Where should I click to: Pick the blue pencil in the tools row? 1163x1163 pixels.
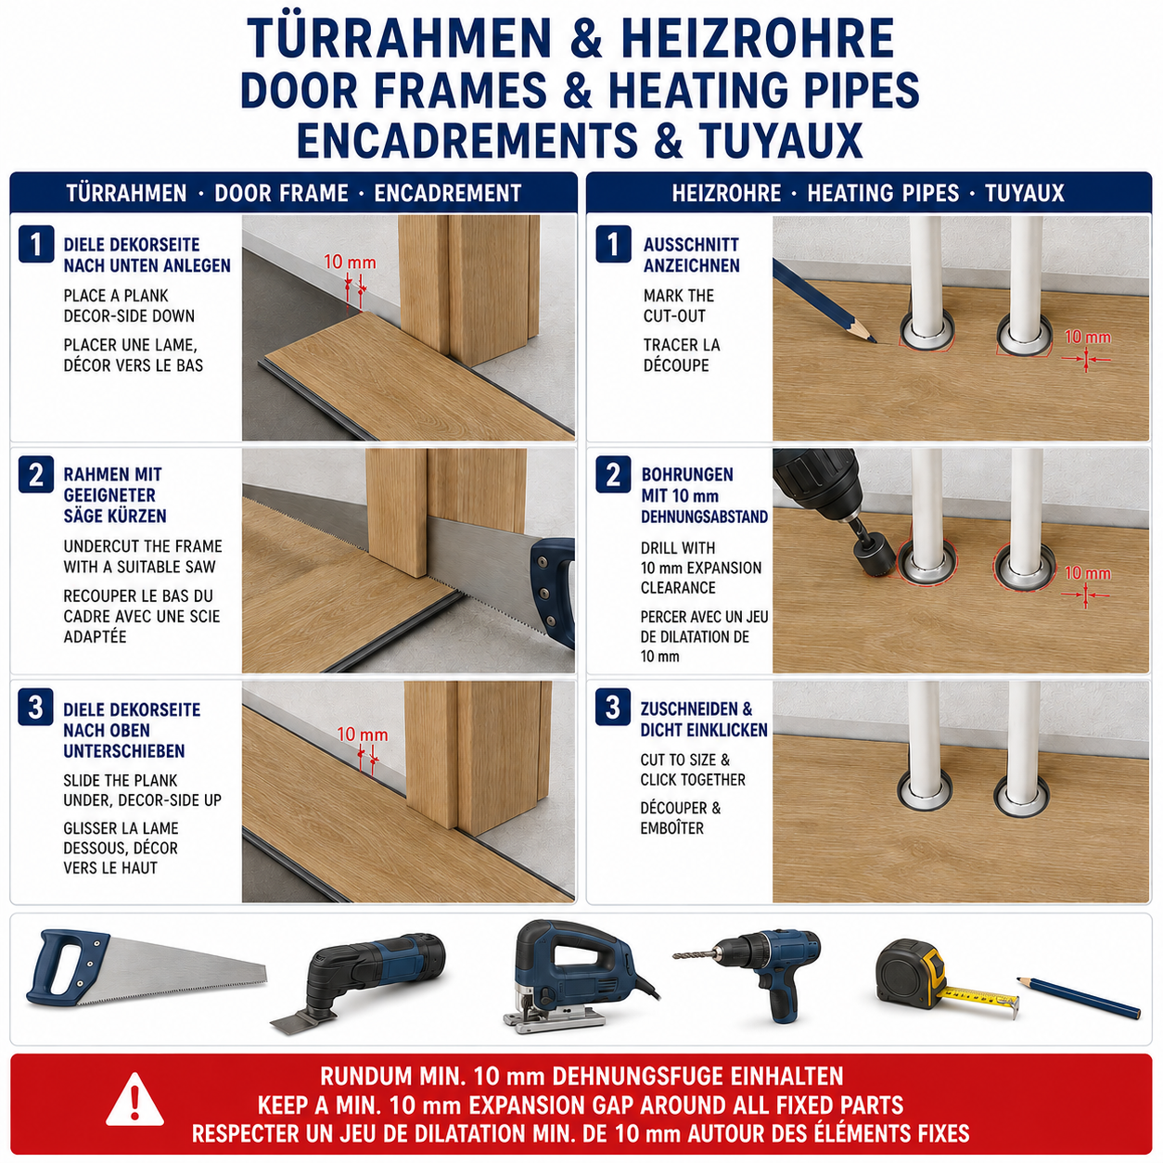tap(1080, 998)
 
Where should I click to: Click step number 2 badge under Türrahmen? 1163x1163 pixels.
tap(35, 475)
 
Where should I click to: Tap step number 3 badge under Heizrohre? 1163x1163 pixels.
tap(613, 707)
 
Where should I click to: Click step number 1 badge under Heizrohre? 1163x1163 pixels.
tap(613, 244)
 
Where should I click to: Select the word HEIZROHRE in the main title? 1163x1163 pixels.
tap(758, 38)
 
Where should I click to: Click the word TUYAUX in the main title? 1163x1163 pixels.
tap(781, 141)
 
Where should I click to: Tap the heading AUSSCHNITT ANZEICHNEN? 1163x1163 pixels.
tap(691, 255)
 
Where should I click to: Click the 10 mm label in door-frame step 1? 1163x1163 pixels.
tap(350, 262)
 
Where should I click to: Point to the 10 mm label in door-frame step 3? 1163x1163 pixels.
tap(362, 735)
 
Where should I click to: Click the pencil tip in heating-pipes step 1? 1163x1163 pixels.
tap(875, 341)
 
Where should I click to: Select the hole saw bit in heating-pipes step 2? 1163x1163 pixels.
tap(870, 551)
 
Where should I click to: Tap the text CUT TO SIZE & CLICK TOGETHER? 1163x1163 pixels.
tap(693, 770)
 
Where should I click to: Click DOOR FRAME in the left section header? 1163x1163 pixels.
tap(281, 193)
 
